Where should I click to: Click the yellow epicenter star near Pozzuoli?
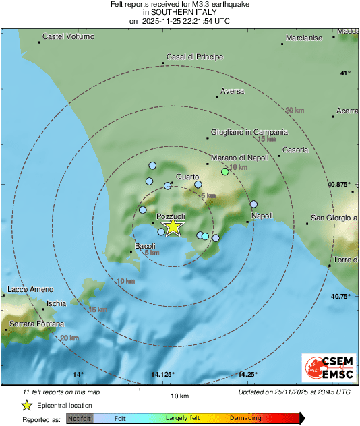(173, 226)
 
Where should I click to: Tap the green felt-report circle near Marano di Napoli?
(225, 172)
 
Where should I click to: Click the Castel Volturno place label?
(68, 36)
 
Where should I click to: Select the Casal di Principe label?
(194, 57)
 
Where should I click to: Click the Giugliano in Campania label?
(249, 133)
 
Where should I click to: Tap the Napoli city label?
(262, 216)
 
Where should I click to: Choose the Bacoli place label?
(146, 247)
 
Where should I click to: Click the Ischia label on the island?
(57, 303)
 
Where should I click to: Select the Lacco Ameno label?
(30, 290)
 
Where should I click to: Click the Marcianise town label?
(304, 38)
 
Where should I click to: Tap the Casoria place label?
(295, 150)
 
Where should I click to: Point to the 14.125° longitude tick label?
(162, 375)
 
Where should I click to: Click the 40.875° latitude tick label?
(338, 184)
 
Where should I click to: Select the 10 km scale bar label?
(179, 396)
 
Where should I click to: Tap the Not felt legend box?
(80, 418)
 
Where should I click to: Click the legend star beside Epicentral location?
(27, 405)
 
